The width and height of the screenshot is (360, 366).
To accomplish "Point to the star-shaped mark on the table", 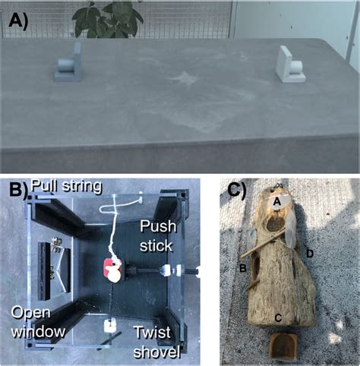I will click(x=184, y=77).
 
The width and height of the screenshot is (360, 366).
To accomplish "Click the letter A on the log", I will click(x=277, y=200).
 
